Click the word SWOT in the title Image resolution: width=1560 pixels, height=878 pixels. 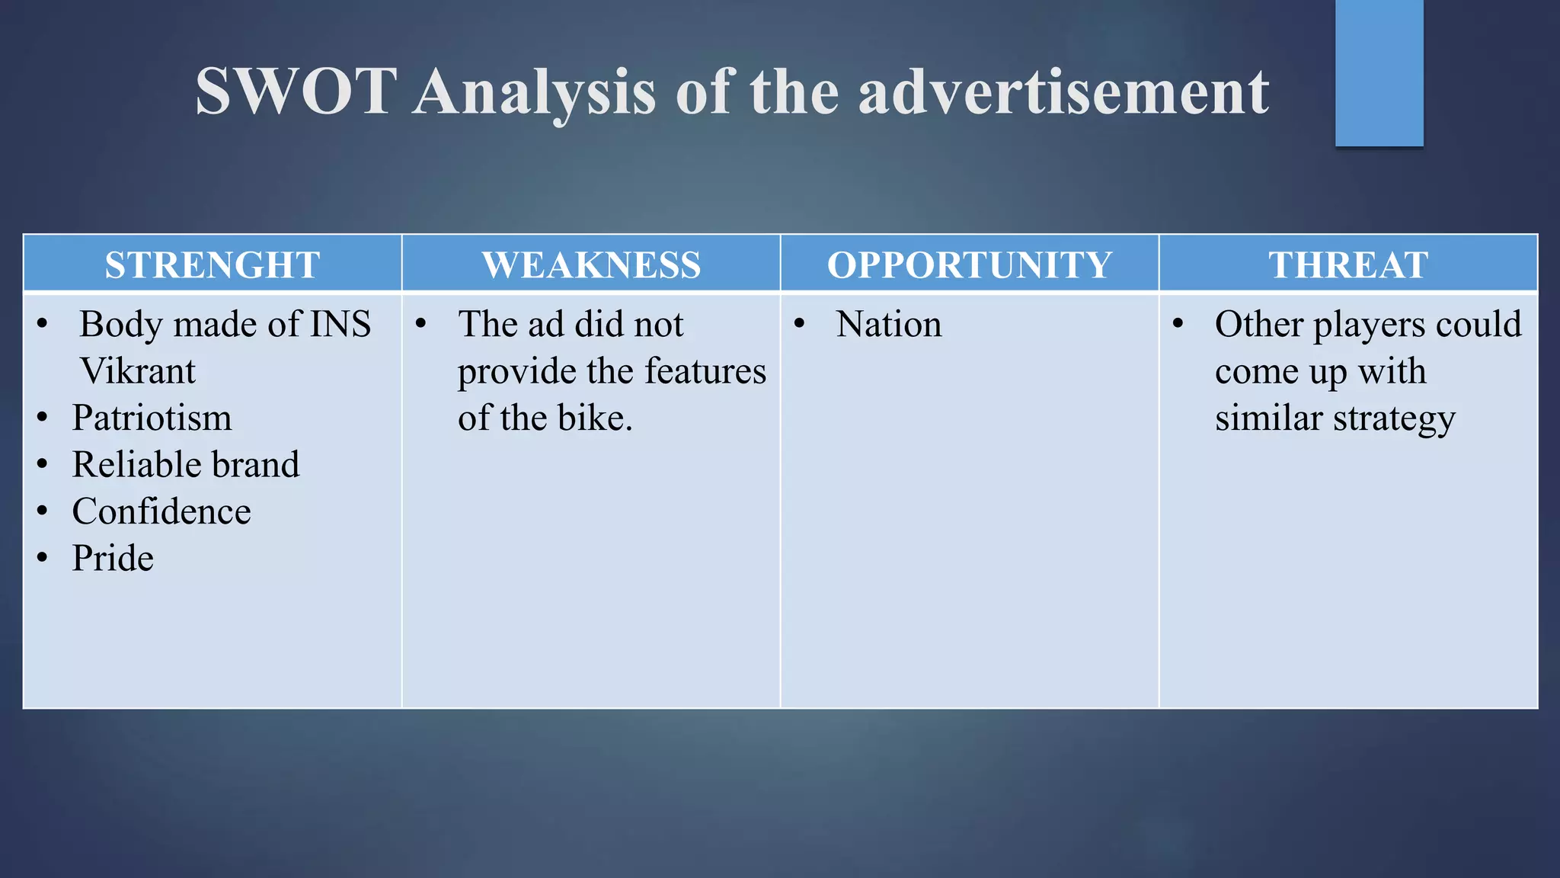point(296,91)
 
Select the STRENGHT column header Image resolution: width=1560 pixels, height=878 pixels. point(212,265)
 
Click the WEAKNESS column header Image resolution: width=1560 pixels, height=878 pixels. point(591,265)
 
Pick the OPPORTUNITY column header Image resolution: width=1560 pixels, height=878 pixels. point(970,265)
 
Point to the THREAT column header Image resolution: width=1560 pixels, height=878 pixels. point(1348,265)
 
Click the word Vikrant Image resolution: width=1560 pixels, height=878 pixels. point(138,371)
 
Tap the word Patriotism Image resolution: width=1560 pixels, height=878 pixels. point(152,418)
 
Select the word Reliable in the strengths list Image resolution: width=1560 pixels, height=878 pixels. point(124,465)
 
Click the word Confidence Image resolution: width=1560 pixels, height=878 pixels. point(161,511)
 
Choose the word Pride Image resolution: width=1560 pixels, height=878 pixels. point(113,558)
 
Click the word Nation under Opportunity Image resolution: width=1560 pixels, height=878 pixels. point(889,324)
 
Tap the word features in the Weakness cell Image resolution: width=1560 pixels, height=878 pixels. point(705,371)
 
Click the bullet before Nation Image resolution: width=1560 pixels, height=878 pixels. point(799,324)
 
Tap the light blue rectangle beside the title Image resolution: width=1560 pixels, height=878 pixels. point(1379,72)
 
